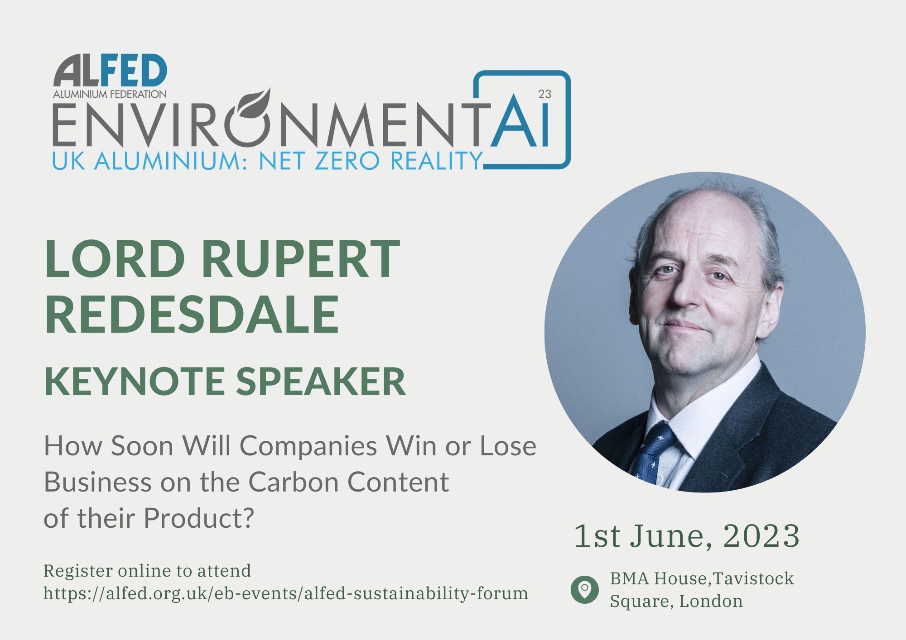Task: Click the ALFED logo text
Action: (110, 72)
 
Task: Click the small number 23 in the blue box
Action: (545, 94)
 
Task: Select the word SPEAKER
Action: (321, 382)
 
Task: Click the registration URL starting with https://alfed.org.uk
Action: (285, 593)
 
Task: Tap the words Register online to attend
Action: (147, 571)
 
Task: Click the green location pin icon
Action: (584, 590)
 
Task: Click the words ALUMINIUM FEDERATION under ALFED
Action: (110, 94)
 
